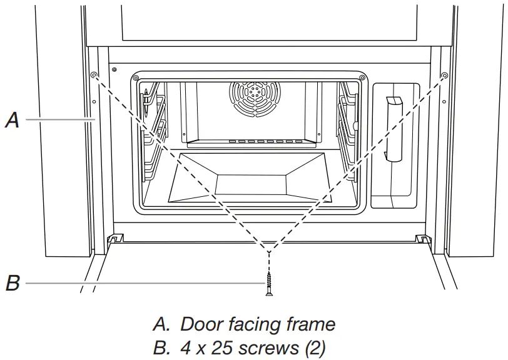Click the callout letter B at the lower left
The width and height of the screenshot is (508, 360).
tap(12, 283)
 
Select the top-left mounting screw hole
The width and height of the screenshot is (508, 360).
tap(93, 75)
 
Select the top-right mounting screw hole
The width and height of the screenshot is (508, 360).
tap(444, 75)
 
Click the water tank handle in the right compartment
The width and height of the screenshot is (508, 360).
tap(394, 128)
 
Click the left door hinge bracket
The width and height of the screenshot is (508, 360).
tap(115, 238)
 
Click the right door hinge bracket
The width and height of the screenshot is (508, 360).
tap(422, 238)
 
